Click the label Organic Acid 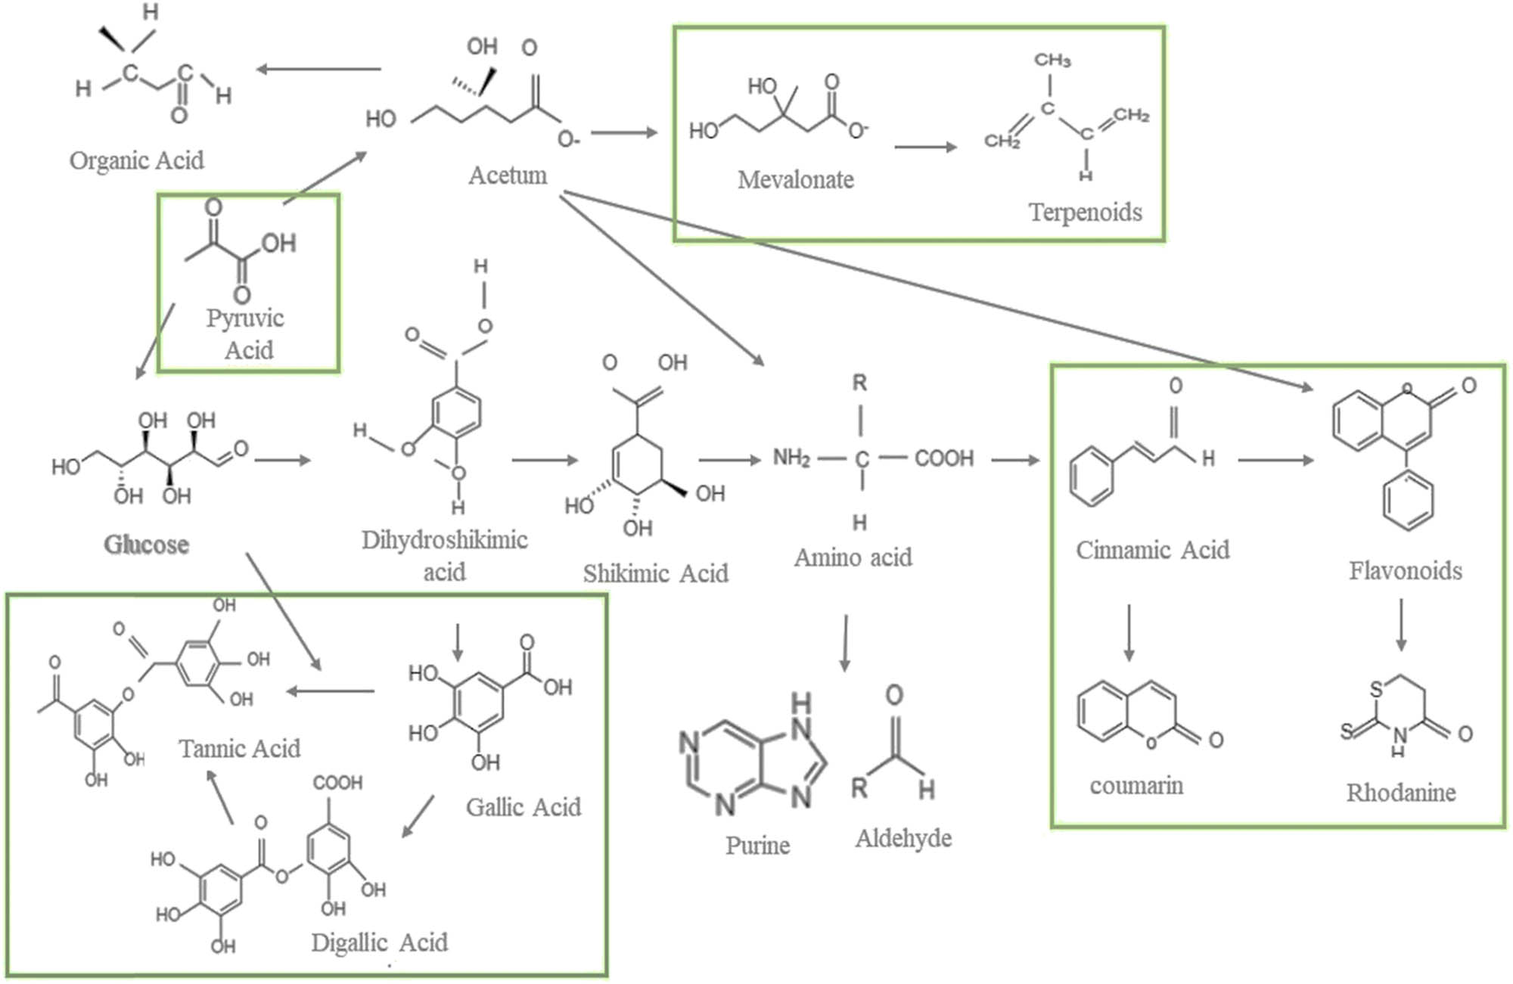(x=137, y=161)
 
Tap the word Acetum (x=508, y=175)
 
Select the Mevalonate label (x=795, y=180)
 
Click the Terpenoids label (x=1085, y=213)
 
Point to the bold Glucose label (x=146, y=545)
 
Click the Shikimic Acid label (x=655, y=574)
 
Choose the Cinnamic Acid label (x=1152, y=550)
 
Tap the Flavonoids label (x=1405, y=570)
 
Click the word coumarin (x=1136, y=786)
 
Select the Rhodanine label (x=1400, y=793)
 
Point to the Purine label (x=757, y=845)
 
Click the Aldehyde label (x=903, y=838)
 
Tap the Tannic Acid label (x=239, y=749)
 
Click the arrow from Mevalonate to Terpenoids (x=924, y=147)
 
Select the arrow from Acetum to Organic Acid (x=318, y=70)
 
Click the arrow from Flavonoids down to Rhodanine (x=1400, y=625)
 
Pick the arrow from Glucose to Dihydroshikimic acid (x=283, y=460)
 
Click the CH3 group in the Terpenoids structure (x=1052, y=60)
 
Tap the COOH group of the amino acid (x=943, y=458)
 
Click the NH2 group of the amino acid (x=791, y=458)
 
